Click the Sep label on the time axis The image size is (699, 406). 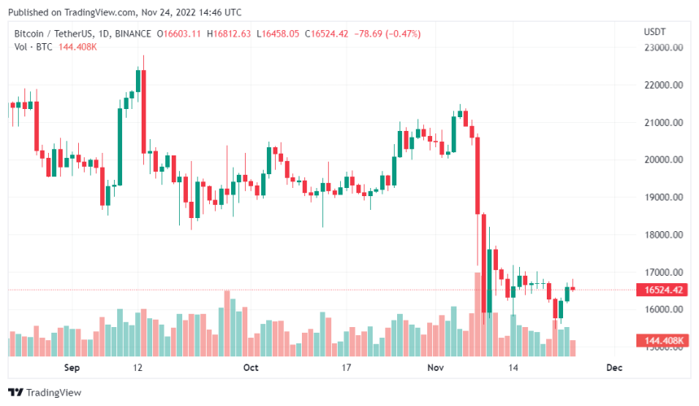[72, 368]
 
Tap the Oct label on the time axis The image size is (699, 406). [251, 368]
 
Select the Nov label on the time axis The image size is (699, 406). [435, 368]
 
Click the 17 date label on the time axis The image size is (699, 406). [346, 368]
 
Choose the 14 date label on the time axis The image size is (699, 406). [514, 368]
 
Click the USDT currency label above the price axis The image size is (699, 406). [654, 32]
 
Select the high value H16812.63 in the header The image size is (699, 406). [229, 34]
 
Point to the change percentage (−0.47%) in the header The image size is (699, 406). [395, 34]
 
